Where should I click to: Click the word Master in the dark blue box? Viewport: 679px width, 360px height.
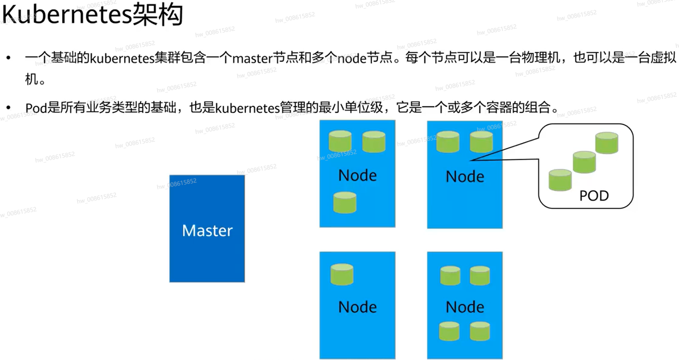click(207, 231)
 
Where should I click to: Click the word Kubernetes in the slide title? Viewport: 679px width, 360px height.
click(67, 15)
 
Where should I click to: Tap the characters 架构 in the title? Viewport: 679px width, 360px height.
click(158, 15)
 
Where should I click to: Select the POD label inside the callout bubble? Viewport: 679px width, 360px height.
click(594, 196)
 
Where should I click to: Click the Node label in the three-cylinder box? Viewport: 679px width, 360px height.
click(357, 176)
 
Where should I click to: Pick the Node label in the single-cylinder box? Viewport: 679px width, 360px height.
click(357, 307)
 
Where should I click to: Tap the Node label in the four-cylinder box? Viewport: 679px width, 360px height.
click(465, 307)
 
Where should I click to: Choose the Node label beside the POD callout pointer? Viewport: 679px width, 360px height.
click(465, 177)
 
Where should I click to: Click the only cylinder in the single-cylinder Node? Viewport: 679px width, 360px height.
click(342, 275)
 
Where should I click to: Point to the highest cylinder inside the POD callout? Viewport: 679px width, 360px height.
click(607, 143)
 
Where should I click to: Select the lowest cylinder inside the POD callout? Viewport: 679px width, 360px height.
click(560, 180)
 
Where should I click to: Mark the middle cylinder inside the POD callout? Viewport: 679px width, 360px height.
click(584, 162)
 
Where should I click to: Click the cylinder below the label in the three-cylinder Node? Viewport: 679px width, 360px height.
click(345, 203)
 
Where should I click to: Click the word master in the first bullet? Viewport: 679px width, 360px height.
click(253, 59)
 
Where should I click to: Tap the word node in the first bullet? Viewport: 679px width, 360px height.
click(352, 59)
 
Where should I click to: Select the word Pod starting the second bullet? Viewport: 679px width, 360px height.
click(36, 108)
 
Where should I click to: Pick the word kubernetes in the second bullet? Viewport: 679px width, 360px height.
click(247, 108)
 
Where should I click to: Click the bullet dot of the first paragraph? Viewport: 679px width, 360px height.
click(8, 58)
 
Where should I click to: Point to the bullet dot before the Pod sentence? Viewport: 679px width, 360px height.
click(8, 108)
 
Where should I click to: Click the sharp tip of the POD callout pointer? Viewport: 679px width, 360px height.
click(471, 160)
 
